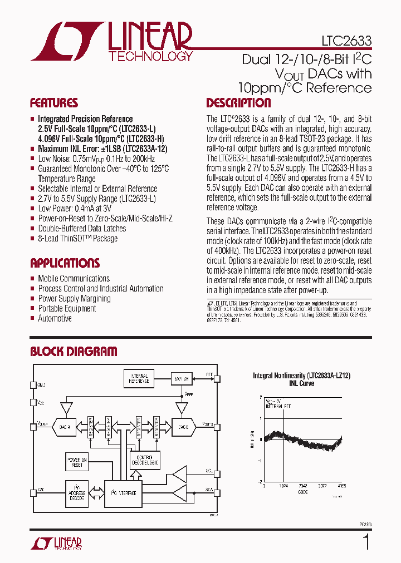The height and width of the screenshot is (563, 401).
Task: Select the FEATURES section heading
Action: [x=53, y=103]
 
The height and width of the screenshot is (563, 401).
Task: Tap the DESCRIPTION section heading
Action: [x=238, y=103]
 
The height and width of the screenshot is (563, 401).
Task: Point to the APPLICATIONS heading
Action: [x=65, y=263]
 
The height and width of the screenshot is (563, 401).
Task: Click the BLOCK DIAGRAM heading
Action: [x=73, y=351]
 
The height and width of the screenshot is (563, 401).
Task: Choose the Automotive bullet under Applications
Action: [x=55, y=318]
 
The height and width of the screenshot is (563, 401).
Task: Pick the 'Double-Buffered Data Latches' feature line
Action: [x=82, y=228]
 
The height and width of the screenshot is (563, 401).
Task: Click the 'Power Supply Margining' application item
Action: [x=74, y=298]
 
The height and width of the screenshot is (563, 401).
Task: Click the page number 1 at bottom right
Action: [x=366, y=541]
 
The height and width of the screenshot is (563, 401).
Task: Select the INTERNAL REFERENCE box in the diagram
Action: [x=139, y=379]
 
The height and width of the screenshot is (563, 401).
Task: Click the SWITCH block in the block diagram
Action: [x=182, y=378]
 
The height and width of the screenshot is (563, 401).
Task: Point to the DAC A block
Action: [x=65, y=427]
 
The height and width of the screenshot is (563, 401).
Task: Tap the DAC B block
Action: [x=183, y=427]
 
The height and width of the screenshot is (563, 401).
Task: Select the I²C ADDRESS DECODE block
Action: [x=77, y=493]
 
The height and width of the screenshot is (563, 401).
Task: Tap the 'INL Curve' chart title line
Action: [x=302, y=383]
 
